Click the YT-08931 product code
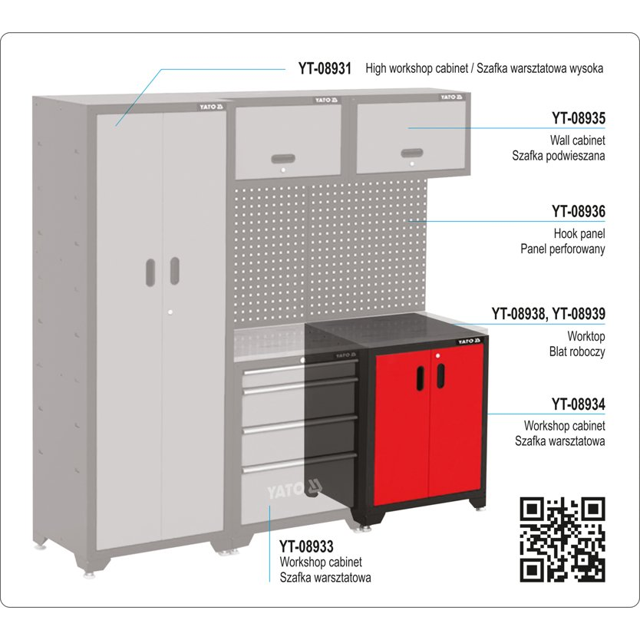(325, 68)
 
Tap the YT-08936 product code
(579, 210)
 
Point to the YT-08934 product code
(579, 404)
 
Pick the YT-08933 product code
(306, 546)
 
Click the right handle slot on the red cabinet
(441, 375)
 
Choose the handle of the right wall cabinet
(411, 152)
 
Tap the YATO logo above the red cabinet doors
(468, 341)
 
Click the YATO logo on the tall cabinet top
(209, 107)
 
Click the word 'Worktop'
(586, 336)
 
